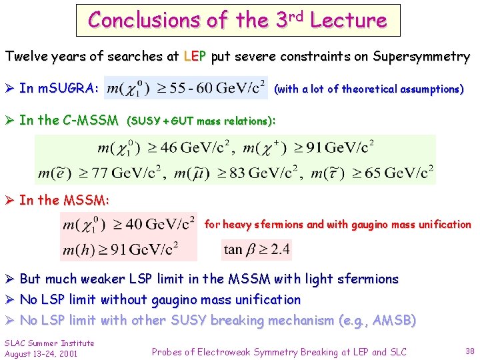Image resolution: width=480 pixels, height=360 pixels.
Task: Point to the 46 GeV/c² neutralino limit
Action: (167, 147)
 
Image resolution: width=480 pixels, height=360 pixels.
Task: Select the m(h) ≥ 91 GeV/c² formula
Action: (120, 249)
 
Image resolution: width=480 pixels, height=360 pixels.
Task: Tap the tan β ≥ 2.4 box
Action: (257, 250)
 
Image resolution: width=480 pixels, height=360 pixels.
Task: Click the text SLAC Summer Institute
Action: (49, 343)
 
